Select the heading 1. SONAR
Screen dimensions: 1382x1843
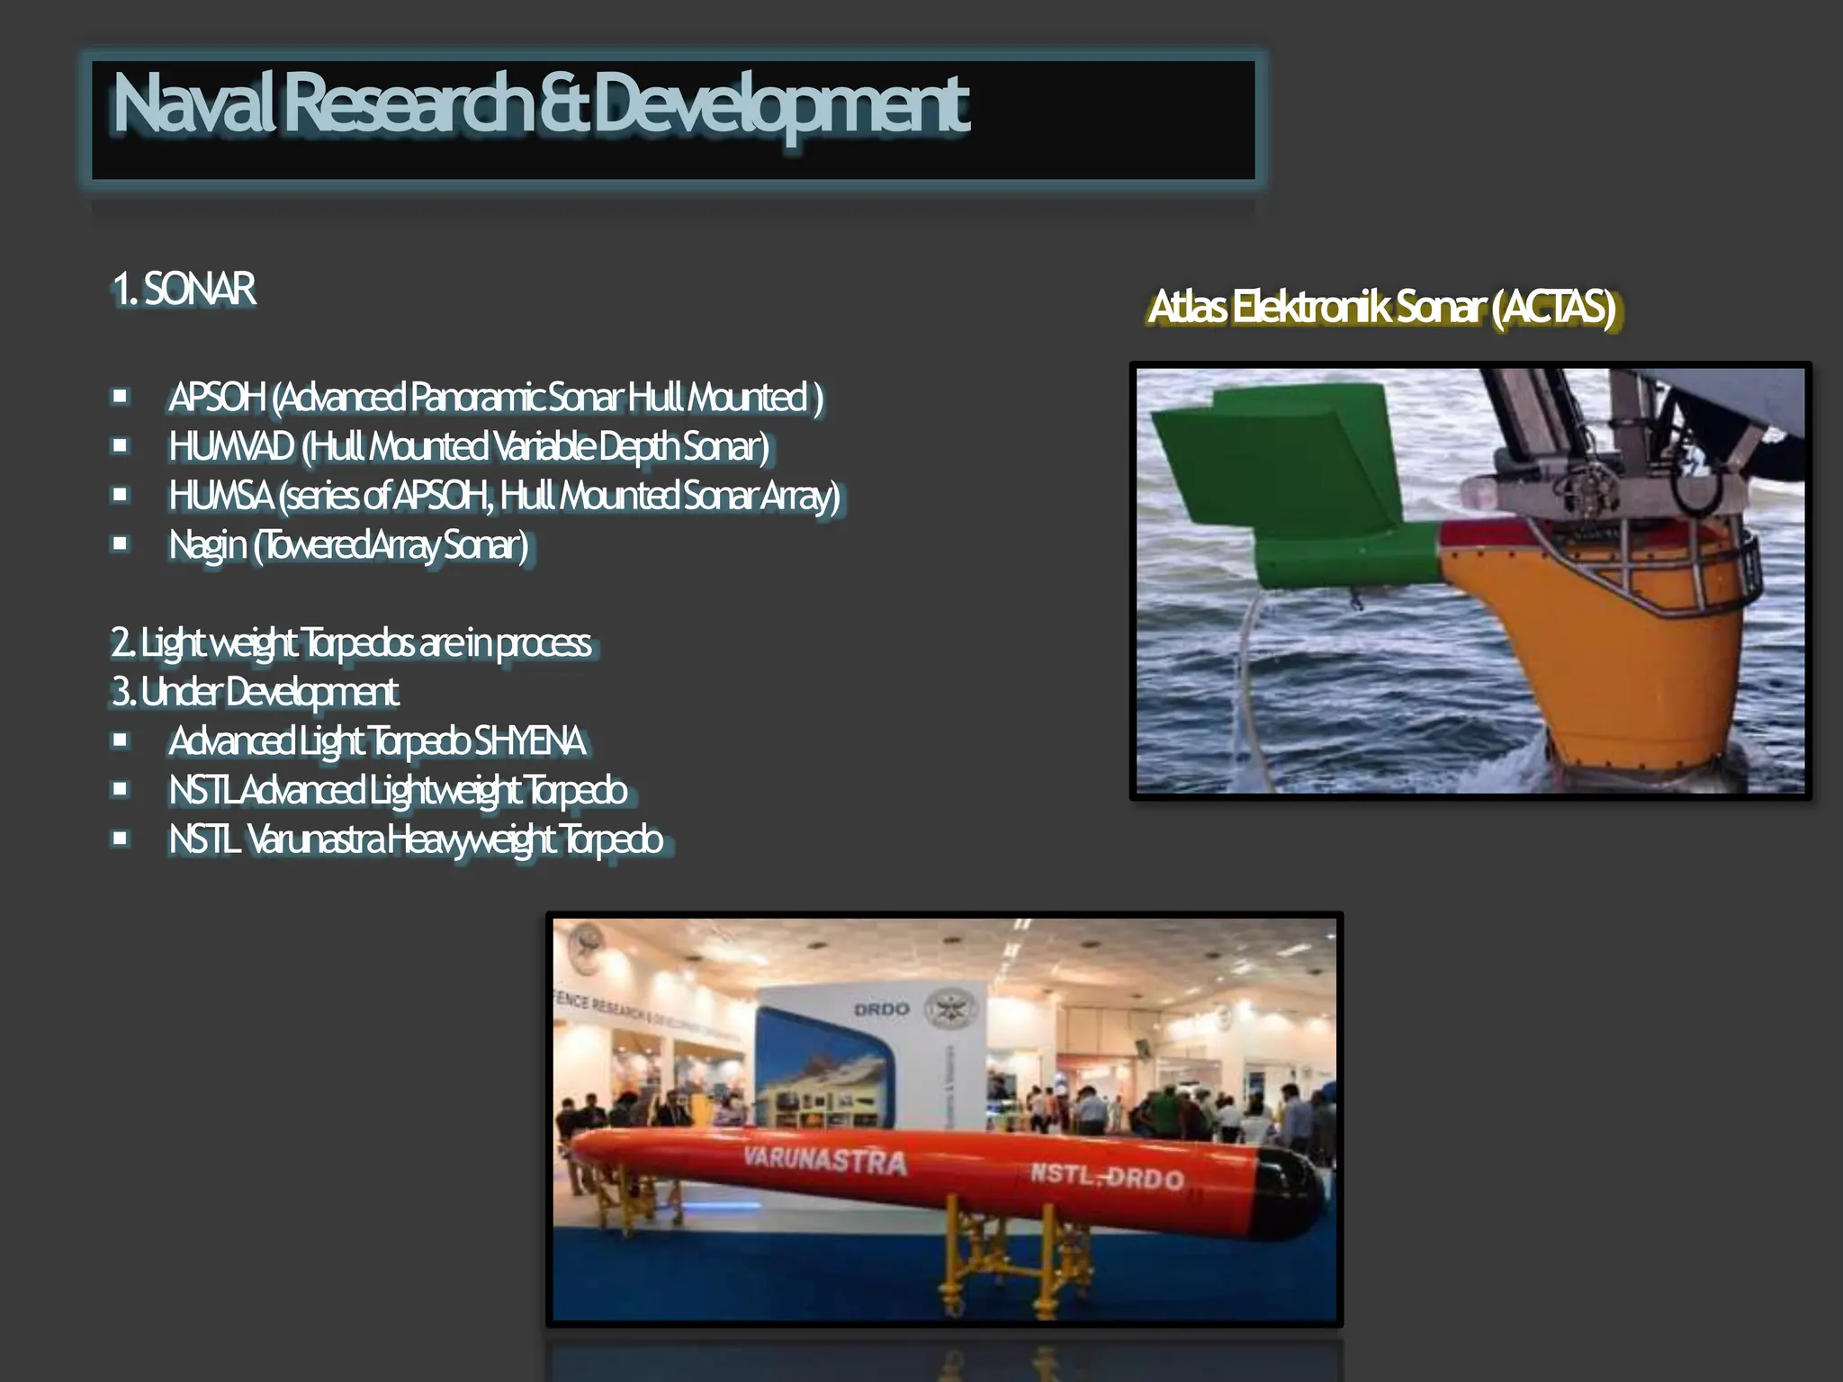pyautogui.click(x=184, y=290)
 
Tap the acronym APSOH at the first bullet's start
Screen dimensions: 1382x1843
pyautogui.click(x=217, y=398)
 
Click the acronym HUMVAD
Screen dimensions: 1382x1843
pyautogui.click(x=231, y=447)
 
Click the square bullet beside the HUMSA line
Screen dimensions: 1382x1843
pyautogui.click(x=120, y=495)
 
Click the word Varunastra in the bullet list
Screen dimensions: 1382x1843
pyautogui.click(x=316, y=839)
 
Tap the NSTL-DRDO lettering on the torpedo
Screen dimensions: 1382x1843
pyautogui.click(x=1106, y=1176)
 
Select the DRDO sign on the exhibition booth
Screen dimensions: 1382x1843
pyautogui.click(x=881, y=1010)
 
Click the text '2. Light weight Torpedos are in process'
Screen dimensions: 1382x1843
pyautogui.click(x=351, y=643)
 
